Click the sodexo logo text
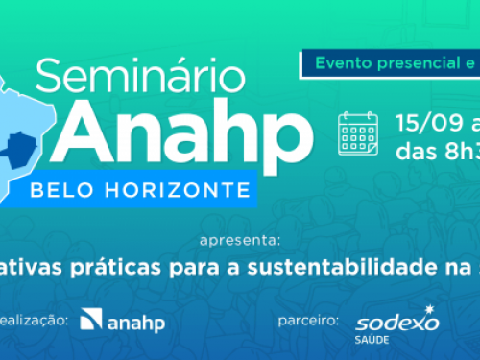tap(395, 322)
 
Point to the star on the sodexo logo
tap(429, 309)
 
